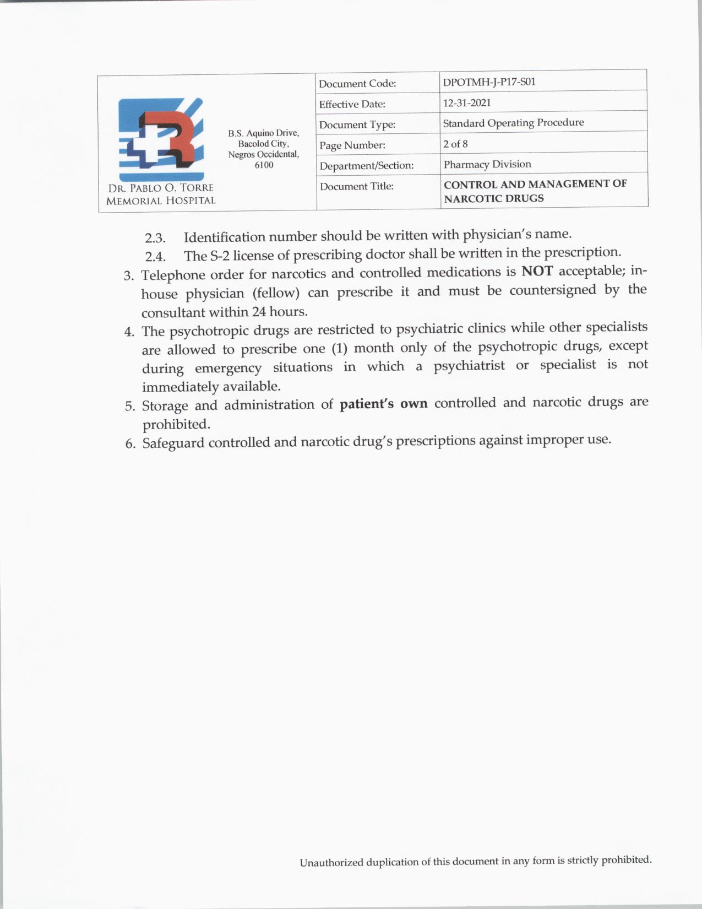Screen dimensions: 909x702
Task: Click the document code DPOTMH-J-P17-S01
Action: click(489, 83)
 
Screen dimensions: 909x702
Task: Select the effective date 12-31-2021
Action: click(467, 103)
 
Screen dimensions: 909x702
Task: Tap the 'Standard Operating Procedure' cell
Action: click(513, 123)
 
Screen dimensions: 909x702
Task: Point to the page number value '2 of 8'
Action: click(455, 144)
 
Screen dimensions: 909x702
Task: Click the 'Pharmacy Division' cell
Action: click(487, 164)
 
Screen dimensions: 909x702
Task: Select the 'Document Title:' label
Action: click(356, 187)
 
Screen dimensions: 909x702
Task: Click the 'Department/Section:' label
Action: click(366, 166)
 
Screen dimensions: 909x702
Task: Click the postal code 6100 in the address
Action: click(264, 165)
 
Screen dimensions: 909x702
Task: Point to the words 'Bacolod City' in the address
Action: click(263, 144)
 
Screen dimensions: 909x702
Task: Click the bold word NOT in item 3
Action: click(537, 272)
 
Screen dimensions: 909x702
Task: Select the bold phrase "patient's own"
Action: click(383, 404)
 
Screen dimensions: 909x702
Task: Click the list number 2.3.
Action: click(155, 239)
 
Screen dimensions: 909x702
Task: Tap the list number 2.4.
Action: click(155, 257)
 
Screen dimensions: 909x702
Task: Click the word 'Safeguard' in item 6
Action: click(173, 443)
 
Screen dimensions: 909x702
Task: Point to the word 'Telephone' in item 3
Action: click(172, 275)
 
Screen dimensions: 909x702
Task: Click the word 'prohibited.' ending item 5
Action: click(176, 425)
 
